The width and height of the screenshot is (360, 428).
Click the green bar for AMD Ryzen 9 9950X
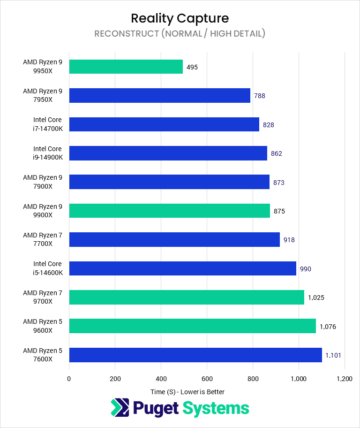click(x=126, y=67)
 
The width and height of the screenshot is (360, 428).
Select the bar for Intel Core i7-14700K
click(x=164, y=124)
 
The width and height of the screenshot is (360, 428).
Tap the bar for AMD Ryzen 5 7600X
click(x=195, y=355)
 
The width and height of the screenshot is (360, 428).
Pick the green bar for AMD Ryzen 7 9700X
click(x=187, y=297)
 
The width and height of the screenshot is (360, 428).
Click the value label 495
click(x=192, y=67)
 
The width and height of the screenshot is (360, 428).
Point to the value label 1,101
click(x=334, y=355)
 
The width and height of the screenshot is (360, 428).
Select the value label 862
click(x=277, y=153)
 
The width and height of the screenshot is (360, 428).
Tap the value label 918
click(x=289, y=240)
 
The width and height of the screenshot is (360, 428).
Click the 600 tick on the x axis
click(x=207, y=379)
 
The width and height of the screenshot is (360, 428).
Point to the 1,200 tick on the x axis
click(x=345, y=379)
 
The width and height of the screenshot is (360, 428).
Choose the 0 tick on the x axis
click(x=69, y=379)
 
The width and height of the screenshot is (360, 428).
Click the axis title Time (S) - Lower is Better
click(x=187, y=392)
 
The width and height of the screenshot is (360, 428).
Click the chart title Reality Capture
click(x=180, y=18)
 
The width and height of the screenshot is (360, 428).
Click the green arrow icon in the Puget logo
click(x=120, y=407)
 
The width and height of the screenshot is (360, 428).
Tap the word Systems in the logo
click(x=216, y=408)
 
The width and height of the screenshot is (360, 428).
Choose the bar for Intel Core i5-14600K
click(x=183, y=268)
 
